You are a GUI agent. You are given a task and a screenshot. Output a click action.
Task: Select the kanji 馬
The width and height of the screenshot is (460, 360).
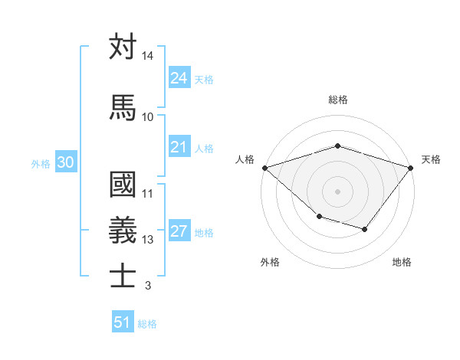(123, 107)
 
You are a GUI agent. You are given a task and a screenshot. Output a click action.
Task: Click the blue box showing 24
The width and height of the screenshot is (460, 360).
(179, 78)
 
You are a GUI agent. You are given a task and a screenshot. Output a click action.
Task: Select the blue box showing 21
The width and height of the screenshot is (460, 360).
(179, 147)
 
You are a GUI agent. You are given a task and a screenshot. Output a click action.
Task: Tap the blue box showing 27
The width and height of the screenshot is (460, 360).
(179, 232)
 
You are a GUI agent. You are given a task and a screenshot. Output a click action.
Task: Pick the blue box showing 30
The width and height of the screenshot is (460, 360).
(65, 162)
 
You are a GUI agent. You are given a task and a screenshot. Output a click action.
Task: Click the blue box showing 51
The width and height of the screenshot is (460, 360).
(123, 322)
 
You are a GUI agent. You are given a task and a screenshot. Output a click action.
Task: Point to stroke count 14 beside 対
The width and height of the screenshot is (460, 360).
(147, 57)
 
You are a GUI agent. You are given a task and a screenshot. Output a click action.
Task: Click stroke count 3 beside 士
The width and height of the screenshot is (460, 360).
(147, 286)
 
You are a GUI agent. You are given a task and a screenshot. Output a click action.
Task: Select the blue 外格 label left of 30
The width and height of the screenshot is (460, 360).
(41, 163)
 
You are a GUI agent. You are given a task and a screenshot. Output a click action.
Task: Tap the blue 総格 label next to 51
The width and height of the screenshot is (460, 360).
(147, 324)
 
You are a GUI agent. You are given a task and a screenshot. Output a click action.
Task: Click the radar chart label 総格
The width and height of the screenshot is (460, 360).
(337, 100)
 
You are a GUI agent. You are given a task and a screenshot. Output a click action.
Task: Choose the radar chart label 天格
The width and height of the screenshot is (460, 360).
(431, 159)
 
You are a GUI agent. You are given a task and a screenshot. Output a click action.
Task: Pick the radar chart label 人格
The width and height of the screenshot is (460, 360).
(245, 159)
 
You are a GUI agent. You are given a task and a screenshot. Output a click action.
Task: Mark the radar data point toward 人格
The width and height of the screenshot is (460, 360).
(264, 168)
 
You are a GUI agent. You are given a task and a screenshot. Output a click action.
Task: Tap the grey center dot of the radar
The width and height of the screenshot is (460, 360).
(337, 191)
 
